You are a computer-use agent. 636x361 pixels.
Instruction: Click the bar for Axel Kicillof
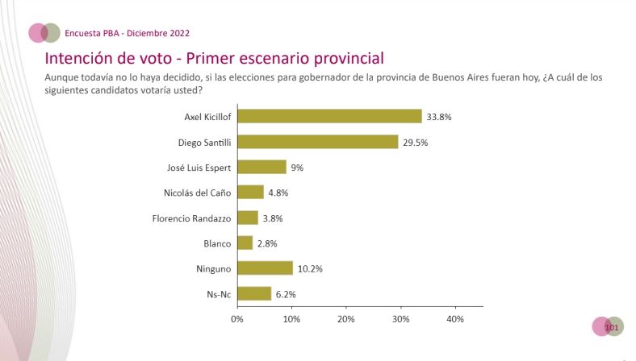pyautogui.click(x=329, y=116)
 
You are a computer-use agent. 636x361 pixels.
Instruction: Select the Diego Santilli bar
pyautogui.click(x=317, y=142)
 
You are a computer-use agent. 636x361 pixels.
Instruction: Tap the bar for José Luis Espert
pyautogui.click(x=262, y=167)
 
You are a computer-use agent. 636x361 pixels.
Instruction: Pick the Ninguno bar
pyautogui.click(x=265, y=268)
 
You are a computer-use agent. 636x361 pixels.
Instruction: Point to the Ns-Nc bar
pyautogui.click(x=254, y=293)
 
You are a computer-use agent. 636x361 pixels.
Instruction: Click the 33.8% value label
pyautogui.click(x=439, y=116)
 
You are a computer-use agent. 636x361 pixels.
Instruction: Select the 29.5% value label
pyautogui.click(x=416, y=142)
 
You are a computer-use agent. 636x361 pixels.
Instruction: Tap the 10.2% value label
pyautogui.click(x=311, y=268)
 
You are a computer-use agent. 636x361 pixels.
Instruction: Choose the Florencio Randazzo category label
pyautogui.click(x=191, y=218)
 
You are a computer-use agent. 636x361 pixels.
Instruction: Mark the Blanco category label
pyautogui.click(x=218, y=243)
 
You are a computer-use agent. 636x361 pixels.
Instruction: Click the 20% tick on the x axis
pyautogui.click(x=346, y=319)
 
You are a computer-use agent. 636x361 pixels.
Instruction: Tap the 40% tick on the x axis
pyautogui.click(x=455, y=319)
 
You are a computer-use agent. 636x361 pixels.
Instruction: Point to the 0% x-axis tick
pyautogui.click(x=237, y=319)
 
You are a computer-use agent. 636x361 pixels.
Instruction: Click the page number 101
pyautogui.click(x=611, y=326)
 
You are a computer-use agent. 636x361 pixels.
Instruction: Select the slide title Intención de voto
pyautogui.click(x=214, y=59)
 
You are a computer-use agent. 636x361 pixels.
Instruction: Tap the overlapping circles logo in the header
pyautogui.click(x=44, y=32)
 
